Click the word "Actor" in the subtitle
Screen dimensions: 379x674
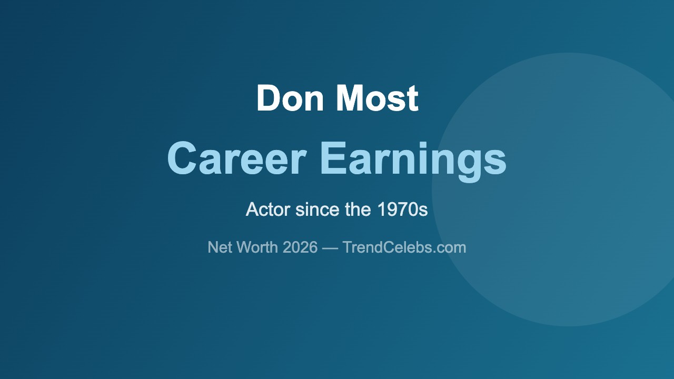click(267, 210)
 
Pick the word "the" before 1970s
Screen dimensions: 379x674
click(358, 210)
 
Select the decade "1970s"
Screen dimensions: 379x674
click(402, 210)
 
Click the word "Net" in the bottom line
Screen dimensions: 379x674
click(220, 247)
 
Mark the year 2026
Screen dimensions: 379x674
click(301, 247)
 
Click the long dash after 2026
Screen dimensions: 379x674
click(330, 247)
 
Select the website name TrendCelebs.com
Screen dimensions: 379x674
click(404, 247)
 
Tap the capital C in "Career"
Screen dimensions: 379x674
click(182, 159)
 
